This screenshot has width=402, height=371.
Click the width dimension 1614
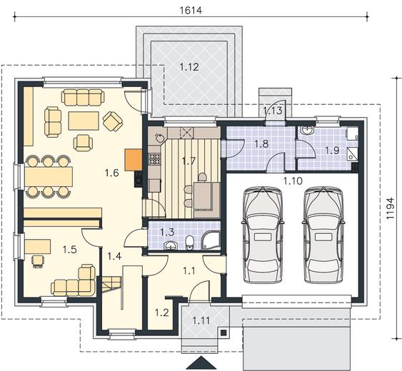tap(191, 10)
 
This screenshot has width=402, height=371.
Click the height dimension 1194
tap(390, 208)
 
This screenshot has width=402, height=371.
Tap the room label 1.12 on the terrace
tap(189, 67)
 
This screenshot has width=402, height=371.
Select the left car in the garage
tap(263, 235)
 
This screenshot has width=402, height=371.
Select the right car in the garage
tap(323, 235)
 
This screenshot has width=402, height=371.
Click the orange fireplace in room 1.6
tap(134, 160)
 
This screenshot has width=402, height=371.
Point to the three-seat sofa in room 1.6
tap(83, 97)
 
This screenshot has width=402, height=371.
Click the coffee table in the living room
tap(84, 121)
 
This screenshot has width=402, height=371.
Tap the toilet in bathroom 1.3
tap(189, 242)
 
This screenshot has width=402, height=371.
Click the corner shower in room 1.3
tap(211, 240)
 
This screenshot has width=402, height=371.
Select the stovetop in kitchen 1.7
tap(155, 159)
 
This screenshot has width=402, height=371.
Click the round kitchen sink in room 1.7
tap(160, 138)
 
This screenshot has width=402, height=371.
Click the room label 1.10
tap(293, 181)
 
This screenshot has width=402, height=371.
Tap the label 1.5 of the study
tap(70, 249)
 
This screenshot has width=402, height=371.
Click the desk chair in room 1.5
tap(38, 261)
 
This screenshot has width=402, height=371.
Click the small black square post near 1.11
tap(223, 332)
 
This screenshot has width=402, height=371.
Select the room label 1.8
tap(261, 144)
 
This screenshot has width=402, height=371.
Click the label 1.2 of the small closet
tap(162, 312)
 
